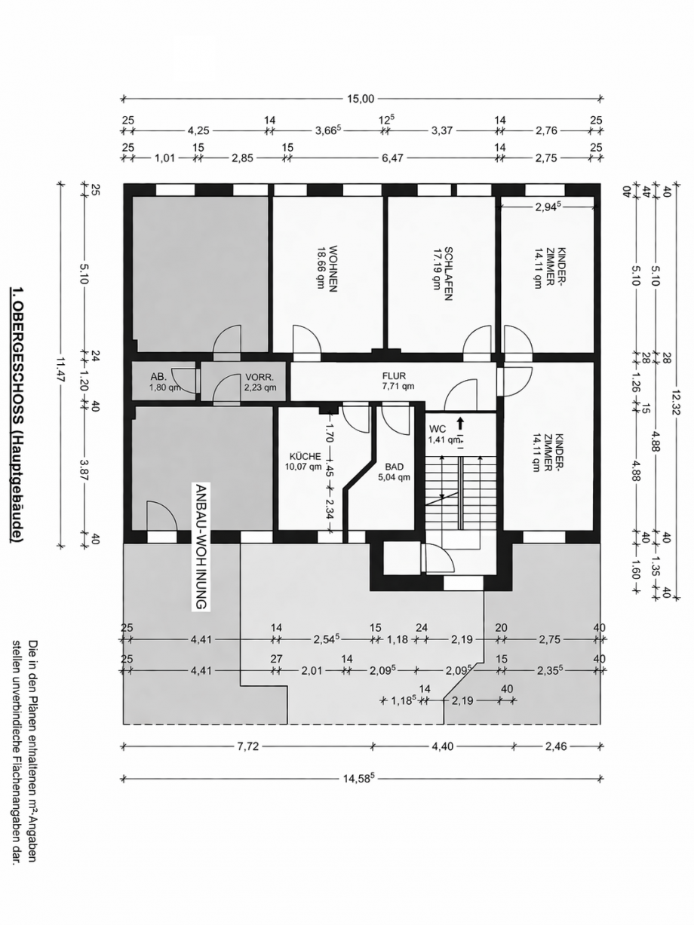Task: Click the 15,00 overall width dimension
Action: [x=361, y=98]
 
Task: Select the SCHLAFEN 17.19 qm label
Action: [x=441, y=273]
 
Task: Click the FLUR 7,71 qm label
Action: [x=398, y=380]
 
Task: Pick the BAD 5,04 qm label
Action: [x=393, y=472]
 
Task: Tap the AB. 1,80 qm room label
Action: [x=162, y=382]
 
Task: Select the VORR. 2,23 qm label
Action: [x=259, y=382]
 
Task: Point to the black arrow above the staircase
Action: [x=459, y=427]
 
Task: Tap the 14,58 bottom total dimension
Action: [x=361, y=778]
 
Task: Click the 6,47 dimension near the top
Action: [x=392, y=159]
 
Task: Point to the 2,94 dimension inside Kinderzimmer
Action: [x=548, y=206]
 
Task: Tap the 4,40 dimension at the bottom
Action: [x=442, y=746]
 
